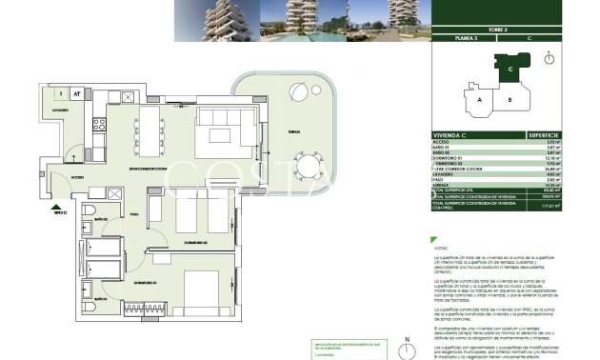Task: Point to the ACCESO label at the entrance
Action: point(77,176)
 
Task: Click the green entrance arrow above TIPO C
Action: point(57,205)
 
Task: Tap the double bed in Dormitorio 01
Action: point(202,290)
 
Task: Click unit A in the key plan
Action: point(481,99)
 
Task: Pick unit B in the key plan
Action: point(510,99)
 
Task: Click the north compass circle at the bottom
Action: point(407,349)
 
